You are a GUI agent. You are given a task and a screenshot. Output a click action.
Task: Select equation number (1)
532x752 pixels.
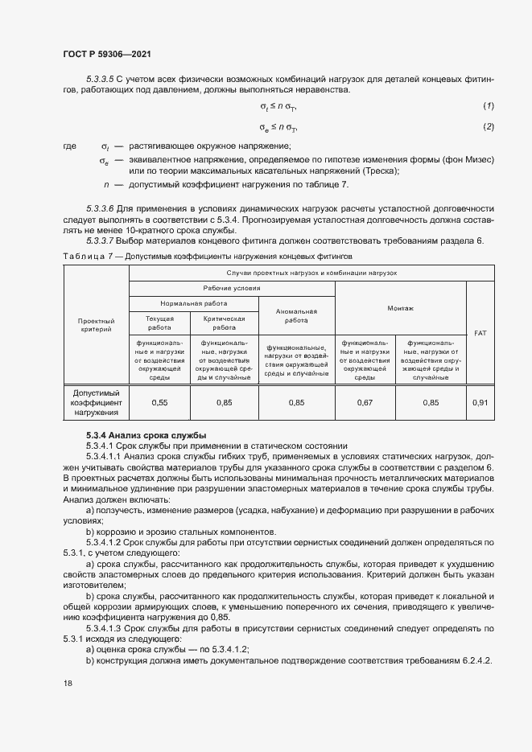pyautogui.click(x=488, y=106)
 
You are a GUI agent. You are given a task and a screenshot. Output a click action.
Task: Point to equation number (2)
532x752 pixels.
pyautogui.click(x=488, y=127)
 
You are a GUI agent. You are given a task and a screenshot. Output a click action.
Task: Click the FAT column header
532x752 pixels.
pyautogui.click(x=480, y=331)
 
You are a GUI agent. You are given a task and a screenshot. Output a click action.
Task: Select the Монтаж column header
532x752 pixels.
pyautogui.click(x=399, y=307)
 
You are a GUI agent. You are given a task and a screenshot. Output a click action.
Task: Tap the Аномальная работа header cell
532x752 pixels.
pyautogui.click(x=296, y=315)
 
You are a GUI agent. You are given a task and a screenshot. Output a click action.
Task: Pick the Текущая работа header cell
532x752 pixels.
pyautogui.click(x=159, y=323)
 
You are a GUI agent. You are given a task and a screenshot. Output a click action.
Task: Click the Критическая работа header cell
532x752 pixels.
pyautogui.click(x=224, y=323)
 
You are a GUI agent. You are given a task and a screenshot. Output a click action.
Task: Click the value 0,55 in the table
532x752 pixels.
pyautogui.click(x=159, y=401)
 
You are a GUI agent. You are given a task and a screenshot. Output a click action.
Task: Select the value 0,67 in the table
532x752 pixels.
pyautogui.click(x=366, y=401)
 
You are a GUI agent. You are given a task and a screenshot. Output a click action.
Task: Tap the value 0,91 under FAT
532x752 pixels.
pyautogui.click(x=480, y=401)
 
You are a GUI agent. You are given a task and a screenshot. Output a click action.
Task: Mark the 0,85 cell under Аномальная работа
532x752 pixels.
pyautogui.click(x=296, y=401)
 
